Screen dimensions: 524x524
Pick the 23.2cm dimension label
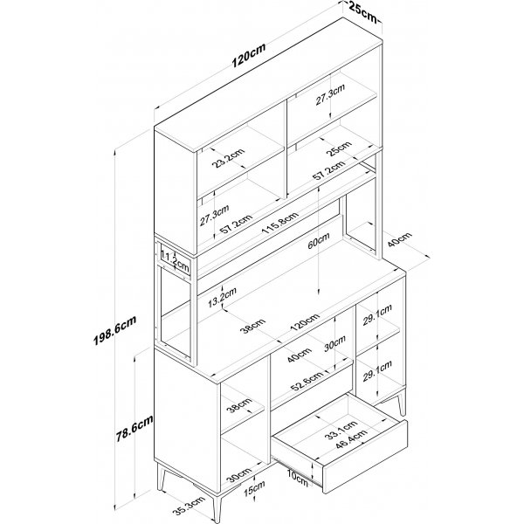click(230, 158)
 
